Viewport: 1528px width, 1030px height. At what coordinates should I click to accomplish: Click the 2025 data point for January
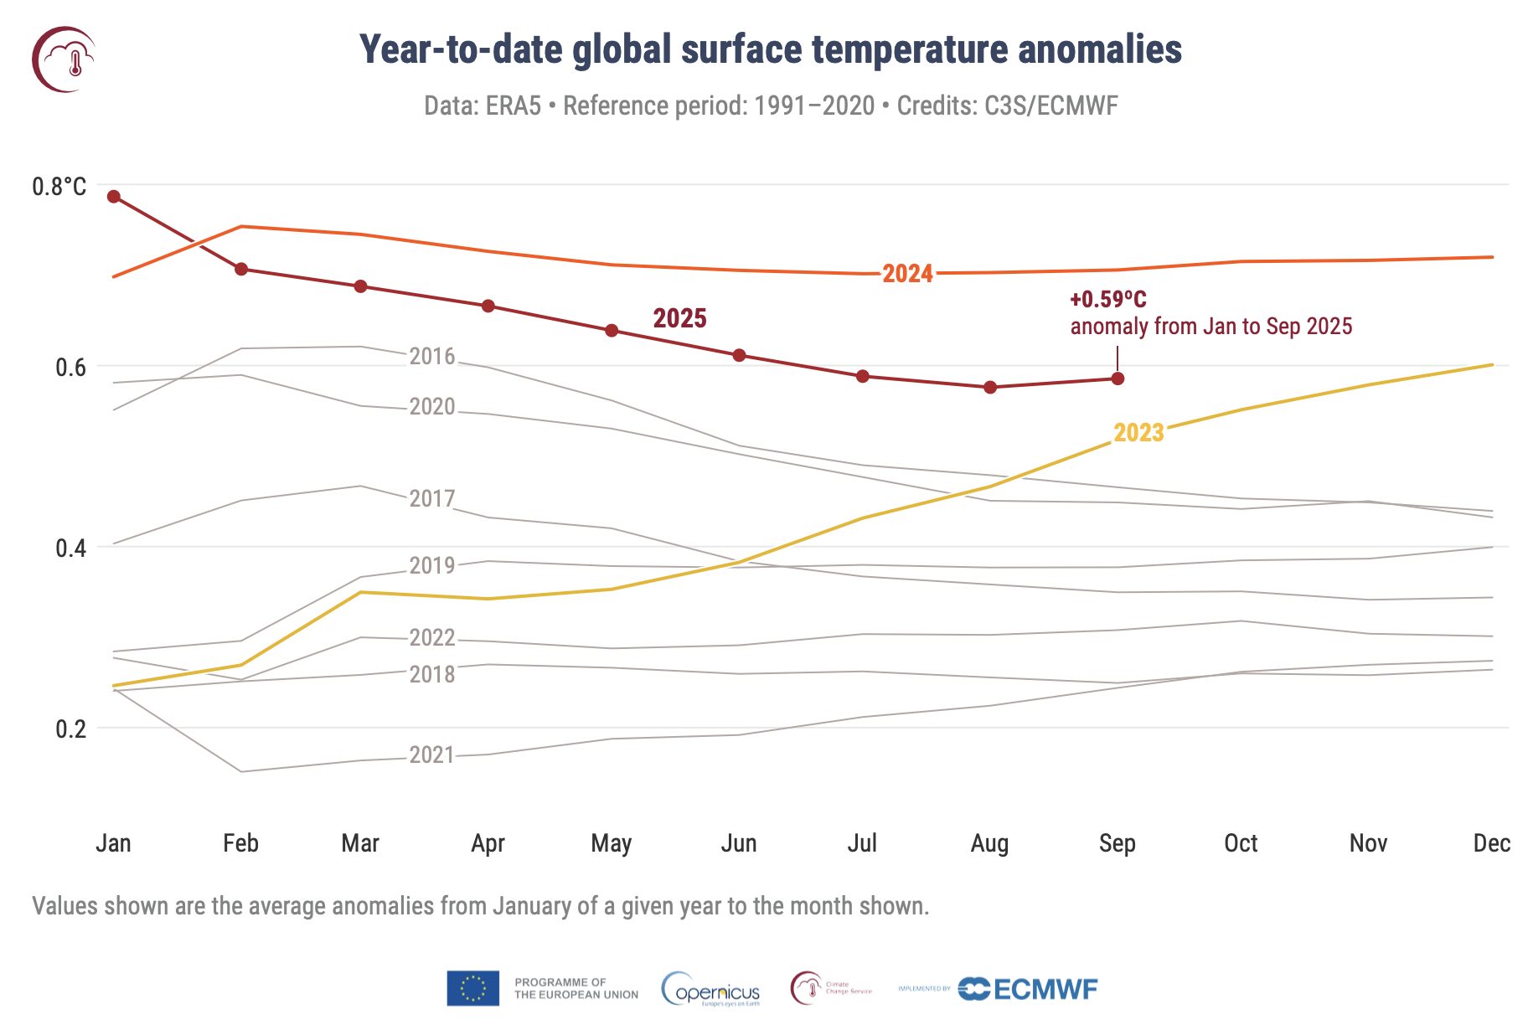[x=114, y=197]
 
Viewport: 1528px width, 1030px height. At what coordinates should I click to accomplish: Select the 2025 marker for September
[x=1118, y=379]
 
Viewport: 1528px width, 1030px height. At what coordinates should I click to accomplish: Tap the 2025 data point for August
[x=990, y=387]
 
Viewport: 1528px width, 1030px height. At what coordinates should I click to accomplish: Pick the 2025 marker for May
[x=612, y=331]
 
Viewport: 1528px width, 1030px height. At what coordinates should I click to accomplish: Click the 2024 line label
[x=907, y=274]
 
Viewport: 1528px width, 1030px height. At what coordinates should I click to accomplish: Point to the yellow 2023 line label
[x=1138, y=433]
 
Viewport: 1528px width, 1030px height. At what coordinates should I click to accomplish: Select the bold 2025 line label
[x=679, y=318]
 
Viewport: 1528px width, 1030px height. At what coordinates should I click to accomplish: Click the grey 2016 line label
[x=432, y=357]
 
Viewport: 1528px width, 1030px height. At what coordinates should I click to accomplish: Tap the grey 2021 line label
[x=432, y=755]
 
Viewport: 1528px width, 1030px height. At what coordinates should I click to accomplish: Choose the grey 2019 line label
[x=432, y=566]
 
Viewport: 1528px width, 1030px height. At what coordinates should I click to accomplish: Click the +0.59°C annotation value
[x=1108, y=300]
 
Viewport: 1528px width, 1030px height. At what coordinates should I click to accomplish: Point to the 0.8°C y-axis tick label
[x=59, y=187]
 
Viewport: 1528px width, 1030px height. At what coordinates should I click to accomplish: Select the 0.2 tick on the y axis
[x=70, y=729]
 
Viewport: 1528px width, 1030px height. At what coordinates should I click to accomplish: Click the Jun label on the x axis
[x=739, y=843]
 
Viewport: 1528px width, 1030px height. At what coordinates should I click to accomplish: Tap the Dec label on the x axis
[x=1492, y=843]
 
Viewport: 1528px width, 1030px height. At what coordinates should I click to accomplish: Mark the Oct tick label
[x=1241, y=843]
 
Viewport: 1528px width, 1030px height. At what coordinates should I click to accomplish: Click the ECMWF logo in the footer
[x=1028, y=989]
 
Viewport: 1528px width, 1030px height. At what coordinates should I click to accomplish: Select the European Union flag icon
[x=473, y=988]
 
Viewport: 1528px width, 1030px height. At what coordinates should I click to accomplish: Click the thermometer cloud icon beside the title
[x=65, y=59]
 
